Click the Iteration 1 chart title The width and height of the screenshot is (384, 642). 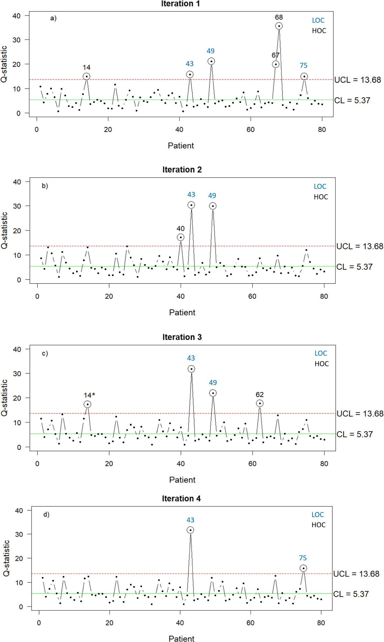[180, 4]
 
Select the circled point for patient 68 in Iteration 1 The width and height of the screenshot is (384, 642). [279, 26]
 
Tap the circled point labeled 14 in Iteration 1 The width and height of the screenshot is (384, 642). [87, 76]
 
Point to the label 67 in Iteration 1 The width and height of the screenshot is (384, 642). [275, 55]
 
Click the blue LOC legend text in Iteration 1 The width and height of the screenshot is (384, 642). [318, 20]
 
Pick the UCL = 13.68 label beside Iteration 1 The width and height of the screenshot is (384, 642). [357, 80]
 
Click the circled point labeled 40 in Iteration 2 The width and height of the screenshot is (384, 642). [181, 237]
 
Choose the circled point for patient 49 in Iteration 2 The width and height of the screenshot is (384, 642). [213, 206]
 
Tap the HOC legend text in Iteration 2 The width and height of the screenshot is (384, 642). [321, 197]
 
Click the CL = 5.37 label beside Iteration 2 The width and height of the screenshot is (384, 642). [354, 267]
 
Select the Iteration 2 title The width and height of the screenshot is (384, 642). [182, 170]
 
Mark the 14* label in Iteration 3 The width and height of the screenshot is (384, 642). [89, 395]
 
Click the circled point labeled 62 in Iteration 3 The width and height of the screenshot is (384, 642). [260, 403]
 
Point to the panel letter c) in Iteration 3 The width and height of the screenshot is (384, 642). [45, 353]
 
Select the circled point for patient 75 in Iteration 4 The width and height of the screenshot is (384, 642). [303, 568]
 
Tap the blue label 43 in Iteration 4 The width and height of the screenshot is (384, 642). [190, 520]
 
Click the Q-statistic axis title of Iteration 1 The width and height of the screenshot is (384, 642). [4, 64]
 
